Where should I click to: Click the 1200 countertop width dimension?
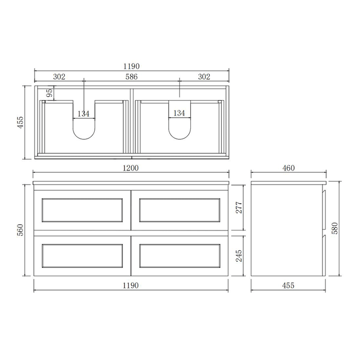tap(132, 168)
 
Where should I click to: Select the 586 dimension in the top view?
tap(132, 77)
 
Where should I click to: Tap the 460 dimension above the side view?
tap(288, 168)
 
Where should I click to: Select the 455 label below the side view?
tap(288, 285)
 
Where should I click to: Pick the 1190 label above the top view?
tap(132, 66)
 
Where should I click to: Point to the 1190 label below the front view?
tap(132, 285)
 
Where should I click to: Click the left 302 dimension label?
tap(59, 77)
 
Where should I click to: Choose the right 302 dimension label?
tap(204, 77)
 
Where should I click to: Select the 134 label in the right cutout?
tap(179, 113)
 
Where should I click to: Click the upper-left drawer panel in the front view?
tap(83, 210)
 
